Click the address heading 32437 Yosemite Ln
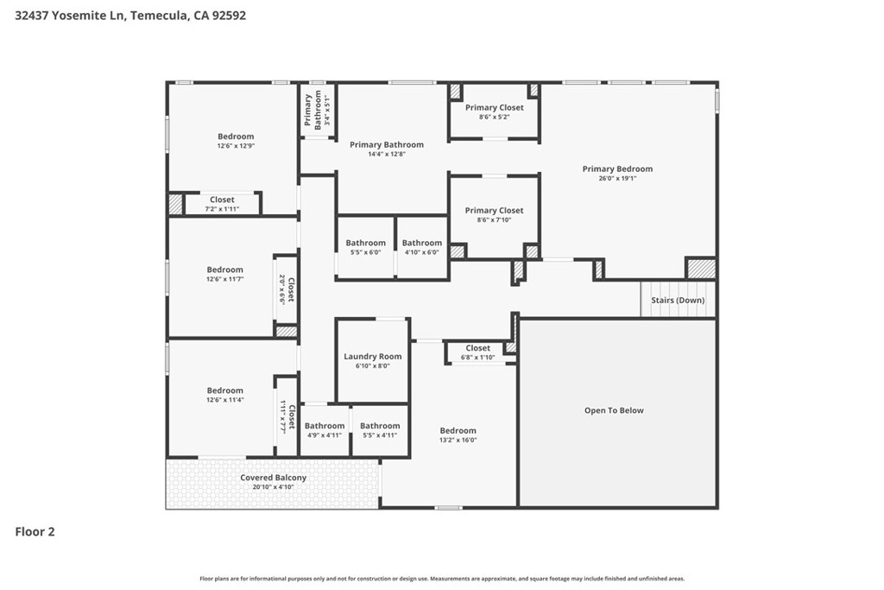tap(69, 16)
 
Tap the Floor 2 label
tap(35, 531)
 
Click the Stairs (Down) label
tap(678, 300)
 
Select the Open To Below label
tap(614, 410)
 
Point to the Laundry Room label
tap(373, 357)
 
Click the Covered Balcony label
tap(274, 477)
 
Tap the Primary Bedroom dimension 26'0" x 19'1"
tap(617, 178)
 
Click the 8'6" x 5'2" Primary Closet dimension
tap(494, 117)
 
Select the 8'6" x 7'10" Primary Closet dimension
tap(494, 220)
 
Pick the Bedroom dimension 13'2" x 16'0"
tap(458, 440)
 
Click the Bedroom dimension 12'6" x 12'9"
tap(236, 145)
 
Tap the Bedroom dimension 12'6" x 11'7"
tap(225, 279)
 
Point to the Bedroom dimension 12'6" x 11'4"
tap(225, 400)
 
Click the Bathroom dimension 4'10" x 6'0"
tap(421, 252)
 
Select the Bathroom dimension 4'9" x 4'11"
tap(325, 435)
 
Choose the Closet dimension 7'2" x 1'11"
tap(222, 209)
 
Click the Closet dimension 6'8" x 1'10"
tap(477, 357)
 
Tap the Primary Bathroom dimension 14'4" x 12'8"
tap(386, 154)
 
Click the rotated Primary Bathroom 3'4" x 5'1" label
tap(317, 110)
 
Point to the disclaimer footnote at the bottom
tap(442, 578)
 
